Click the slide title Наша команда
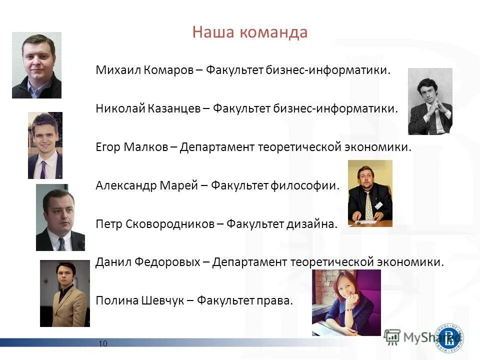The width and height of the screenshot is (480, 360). pos(249,33)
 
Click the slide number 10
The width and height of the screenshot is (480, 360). pos(103,343)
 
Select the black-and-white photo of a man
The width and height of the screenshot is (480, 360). pos(430,101)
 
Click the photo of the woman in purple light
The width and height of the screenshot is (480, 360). pos(346,302)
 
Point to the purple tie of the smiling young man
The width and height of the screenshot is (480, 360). pos(43,169)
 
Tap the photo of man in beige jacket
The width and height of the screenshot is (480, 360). pos(64,293)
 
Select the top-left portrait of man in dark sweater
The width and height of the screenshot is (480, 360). pos(36,65)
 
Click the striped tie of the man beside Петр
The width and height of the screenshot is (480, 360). pos(61,244)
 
